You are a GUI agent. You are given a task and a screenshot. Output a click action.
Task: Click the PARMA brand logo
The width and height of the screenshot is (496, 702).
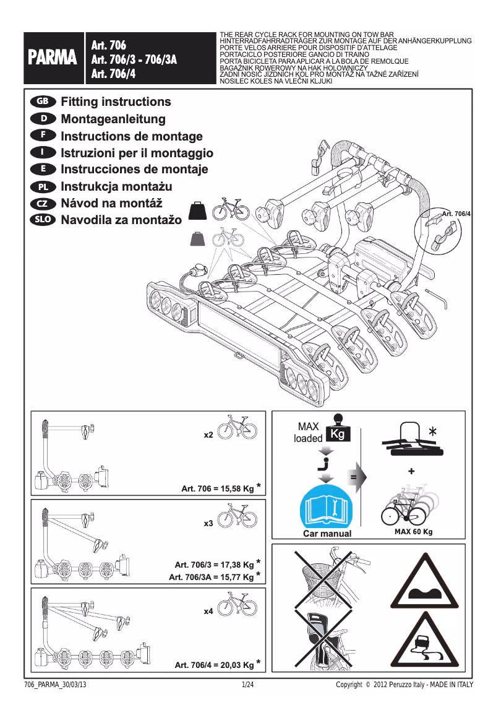pos(51,58)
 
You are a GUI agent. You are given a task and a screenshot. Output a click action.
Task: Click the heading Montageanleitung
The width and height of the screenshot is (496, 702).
pos(113,119)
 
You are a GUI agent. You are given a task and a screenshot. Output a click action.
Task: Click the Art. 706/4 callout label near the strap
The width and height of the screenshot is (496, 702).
pos(456,214)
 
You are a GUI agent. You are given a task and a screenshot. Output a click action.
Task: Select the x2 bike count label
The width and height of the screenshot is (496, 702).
pos(208,435)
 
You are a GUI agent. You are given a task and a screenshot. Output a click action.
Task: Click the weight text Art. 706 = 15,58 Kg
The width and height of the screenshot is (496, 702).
pos(217,489)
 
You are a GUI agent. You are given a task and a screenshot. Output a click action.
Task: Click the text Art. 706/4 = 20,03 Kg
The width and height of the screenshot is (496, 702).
pos(214,665)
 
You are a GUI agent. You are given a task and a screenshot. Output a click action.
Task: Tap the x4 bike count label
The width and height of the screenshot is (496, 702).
pos(208,612)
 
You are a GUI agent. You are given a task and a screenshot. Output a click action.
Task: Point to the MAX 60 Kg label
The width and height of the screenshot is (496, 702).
pos(413,532)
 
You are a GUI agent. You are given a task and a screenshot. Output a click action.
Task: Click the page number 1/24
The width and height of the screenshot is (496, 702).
pos(248,685)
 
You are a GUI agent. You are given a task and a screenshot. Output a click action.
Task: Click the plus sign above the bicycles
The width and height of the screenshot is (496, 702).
pos(412,472)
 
